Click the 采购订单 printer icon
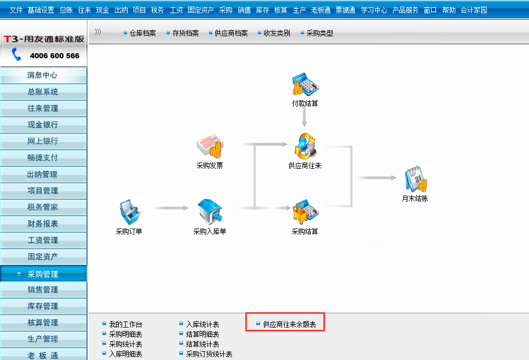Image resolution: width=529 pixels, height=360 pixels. coord(129,212)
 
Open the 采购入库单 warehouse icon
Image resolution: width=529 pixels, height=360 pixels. coord(210,212)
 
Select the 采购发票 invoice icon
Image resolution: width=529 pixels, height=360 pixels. coord(210,146)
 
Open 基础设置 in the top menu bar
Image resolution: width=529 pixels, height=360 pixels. coord(41,10)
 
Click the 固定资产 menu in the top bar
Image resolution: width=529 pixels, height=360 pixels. coord(201,10)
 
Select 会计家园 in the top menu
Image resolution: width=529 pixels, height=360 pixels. coord(473,10)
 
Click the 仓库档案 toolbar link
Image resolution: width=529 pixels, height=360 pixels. coord(142,33)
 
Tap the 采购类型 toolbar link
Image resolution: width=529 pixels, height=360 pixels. coord(319,33)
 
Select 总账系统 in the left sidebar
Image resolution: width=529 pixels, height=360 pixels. coord(43,92)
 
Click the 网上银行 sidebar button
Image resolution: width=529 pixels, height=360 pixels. coord(43,141)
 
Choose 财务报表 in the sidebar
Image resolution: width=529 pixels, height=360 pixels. coord(43,224)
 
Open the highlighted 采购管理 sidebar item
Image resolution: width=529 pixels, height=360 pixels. coord(43,274)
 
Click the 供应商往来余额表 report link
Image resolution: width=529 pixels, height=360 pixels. coord(289,325)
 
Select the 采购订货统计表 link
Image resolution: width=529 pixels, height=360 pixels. coord(209,354)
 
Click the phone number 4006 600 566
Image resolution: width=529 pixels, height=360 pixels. coord(54,56)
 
